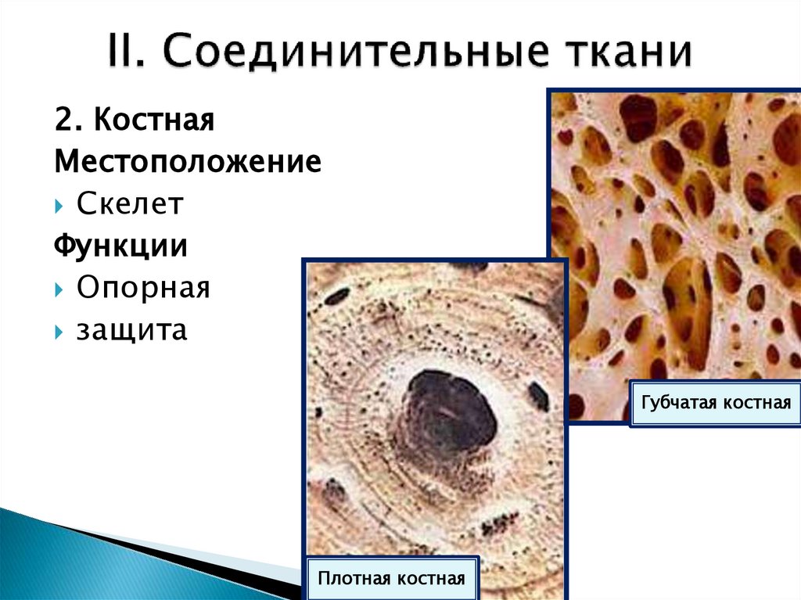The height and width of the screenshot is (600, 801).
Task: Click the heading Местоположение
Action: point(188,163)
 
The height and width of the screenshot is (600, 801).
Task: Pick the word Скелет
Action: point(130,205)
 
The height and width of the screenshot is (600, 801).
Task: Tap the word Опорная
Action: point(143,288)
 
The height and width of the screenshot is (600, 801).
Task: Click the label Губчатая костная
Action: point(716,404)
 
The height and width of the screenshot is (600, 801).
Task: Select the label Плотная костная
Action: point(392,579)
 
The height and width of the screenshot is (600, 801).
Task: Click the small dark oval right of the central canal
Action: point(538,395)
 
